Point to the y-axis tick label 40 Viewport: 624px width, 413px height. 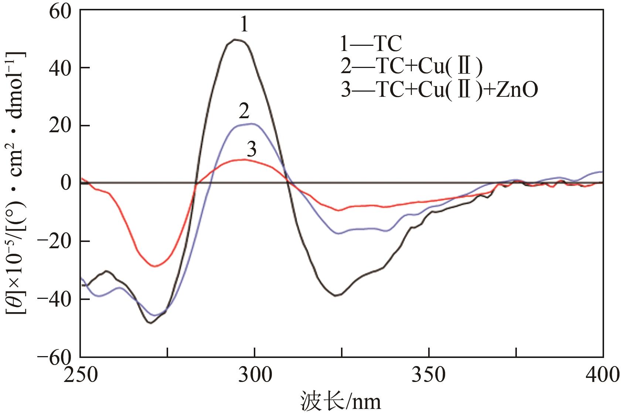tap(59, 68)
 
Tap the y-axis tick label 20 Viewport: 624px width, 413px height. tap(59, 126)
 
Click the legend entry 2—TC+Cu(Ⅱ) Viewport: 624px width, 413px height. tap(411, 67)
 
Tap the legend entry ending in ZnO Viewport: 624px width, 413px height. tap(439, 90)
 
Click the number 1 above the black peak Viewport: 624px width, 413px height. tap(244, 25)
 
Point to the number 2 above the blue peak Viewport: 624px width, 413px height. tap(244, 111)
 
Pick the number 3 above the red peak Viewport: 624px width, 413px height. tap(252, 150)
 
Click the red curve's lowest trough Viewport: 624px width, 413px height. tap(155, 266)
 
